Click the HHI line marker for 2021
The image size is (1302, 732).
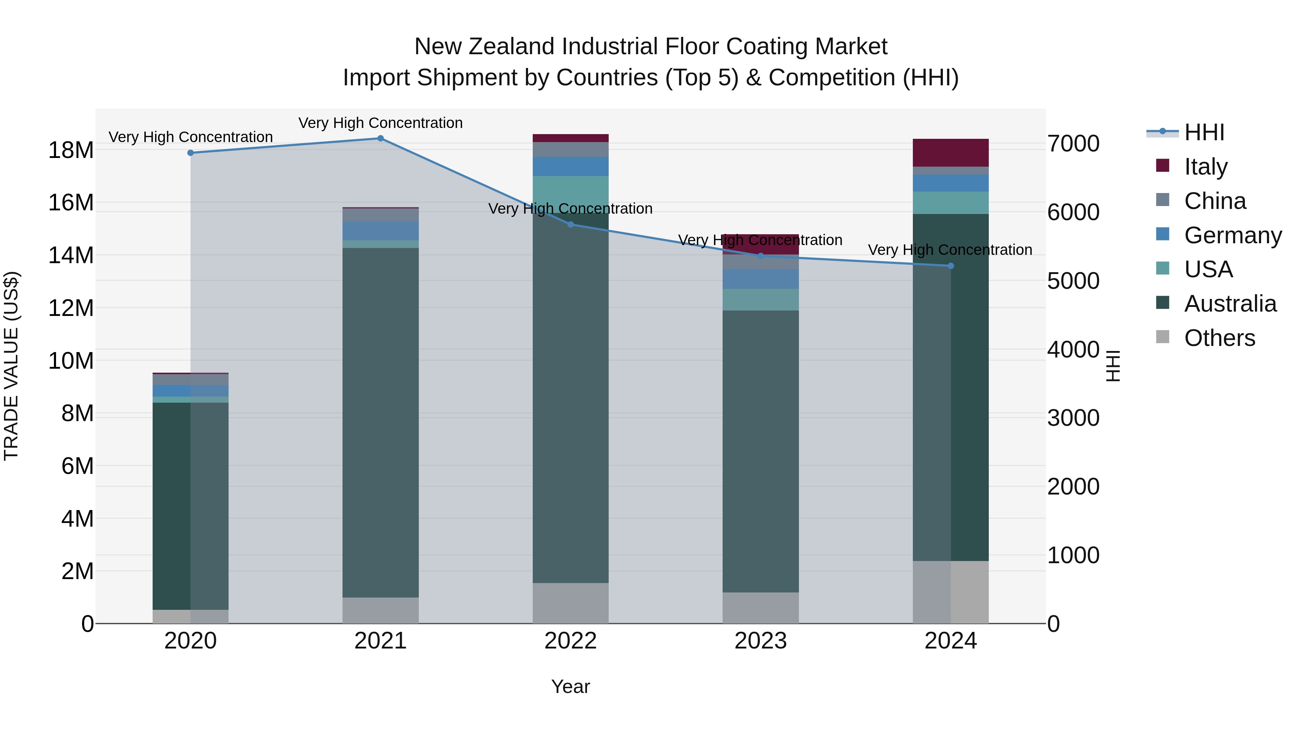(x=380, y=138)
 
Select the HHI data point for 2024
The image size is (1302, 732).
(x=950, y=266)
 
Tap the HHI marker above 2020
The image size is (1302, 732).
(x=191, y=153)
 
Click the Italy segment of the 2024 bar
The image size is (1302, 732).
(x=950, y=153)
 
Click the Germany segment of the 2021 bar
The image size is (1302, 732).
(x=380, y=231)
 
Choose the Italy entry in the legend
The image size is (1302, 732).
(x=1205, y=167)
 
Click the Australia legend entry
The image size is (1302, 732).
(x=1230, y=304)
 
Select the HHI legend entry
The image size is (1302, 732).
(x=1204, y=132)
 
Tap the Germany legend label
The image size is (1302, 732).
(x=1233, y=235)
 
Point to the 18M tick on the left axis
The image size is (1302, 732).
(x=71, y=150)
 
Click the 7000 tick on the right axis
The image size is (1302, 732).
(x=1073, y=144)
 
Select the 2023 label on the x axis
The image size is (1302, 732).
(x=760, y=641)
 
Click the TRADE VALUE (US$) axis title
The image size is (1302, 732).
(x=11, y=366)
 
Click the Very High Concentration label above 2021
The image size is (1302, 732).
(x=380, y=123)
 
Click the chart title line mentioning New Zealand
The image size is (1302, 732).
(x=651, y=47)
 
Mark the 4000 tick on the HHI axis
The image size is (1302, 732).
(x=1073, y=350)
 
